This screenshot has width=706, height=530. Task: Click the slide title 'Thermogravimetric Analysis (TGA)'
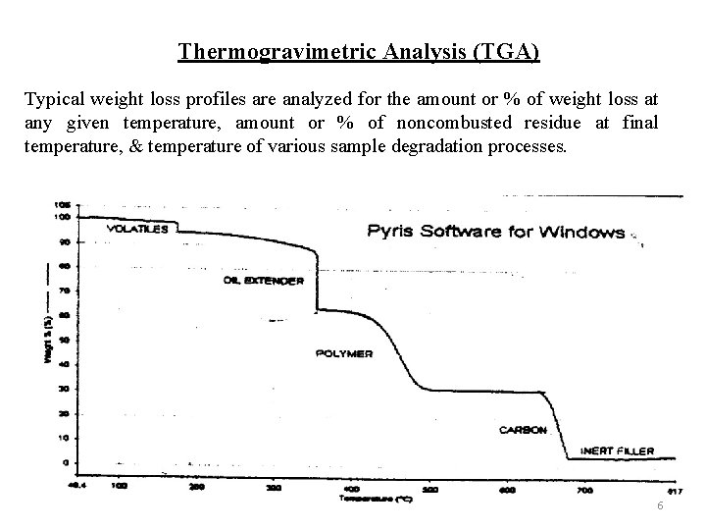pos(358,50)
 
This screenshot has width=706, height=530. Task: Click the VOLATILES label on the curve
pos(136,229)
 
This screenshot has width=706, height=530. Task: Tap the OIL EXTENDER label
pos(264,280)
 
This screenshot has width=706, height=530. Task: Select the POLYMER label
pos(343,353)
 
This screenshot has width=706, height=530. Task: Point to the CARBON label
pos(523,430)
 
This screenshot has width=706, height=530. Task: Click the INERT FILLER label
pos(617,451)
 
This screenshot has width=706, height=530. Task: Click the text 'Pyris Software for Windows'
pos(495,233)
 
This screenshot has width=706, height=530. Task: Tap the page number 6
pos(661,505)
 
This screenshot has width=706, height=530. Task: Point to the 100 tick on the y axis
pos(62,216)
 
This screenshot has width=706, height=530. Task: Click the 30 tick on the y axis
pos(64,389)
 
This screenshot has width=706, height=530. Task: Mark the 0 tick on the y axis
pos(66,461)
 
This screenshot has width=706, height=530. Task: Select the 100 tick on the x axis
pos(119,486)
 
